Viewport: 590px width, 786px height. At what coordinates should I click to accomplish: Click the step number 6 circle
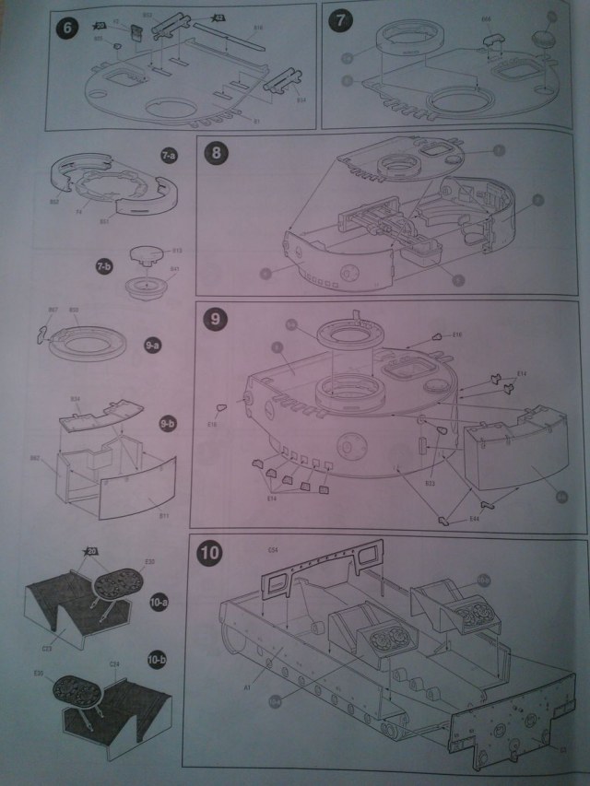click(x=66, y=28)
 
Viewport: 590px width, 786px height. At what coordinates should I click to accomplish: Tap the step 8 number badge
click(x=218, y=153)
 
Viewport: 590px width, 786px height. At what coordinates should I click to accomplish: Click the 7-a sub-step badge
click(x=168, y=157)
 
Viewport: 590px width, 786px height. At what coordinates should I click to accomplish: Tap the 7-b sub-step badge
click(x=103, y=266)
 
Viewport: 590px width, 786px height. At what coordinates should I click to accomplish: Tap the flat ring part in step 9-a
click(x=92, y=343)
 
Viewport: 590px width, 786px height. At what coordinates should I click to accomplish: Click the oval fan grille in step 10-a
click(x=123, y=582)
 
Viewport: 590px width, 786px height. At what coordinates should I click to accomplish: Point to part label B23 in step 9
click(x=430, y=482)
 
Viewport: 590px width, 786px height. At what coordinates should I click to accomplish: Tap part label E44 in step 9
click(x=474, y=520)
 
